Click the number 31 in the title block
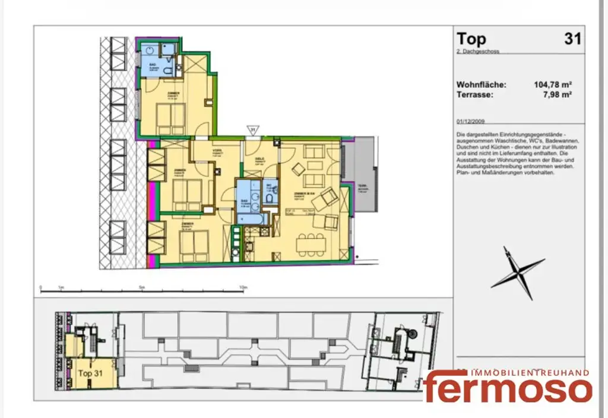pyautogui.click(x=572, y=39)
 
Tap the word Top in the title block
pyautogui.click(x=471, y=39)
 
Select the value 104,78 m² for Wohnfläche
pyautogui.click(x=553, y=85)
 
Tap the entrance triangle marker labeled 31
pyautogui.click(x=253, y=129)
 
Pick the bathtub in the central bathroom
pyautogui.click(x=248, y=218)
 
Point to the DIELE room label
pyautogui.click(x=259, y=159)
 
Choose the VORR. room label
pyautogui.click(x=217, y=150)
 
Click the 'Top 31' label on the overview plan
pyautogui.click(x=91, y=373)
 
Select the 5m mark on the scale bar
pyautogui.click(x=141, y=287)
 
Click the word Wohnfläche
pyautogui.click(x=481, y=85)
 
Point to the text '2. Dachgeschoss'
pyautogui.click(x=478, y=52)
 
